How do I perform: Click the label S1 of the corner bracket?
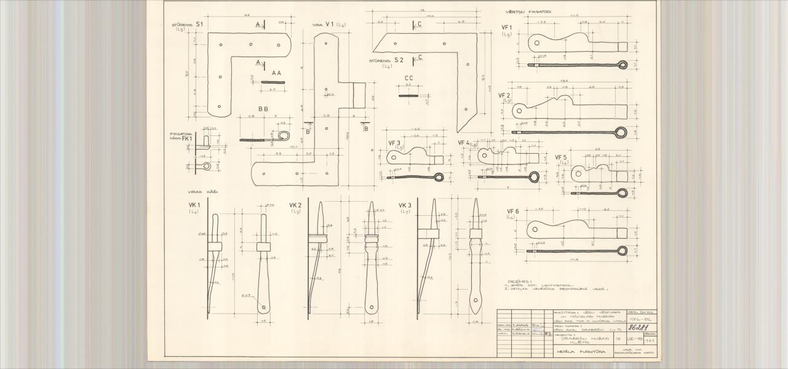pos(200,24)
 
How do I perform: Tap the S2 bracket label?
pos(399,60)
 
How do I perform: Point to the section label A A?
pos(276,73)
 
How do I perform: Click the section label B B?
pos(263,108)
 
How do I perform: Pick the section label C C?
pos(408,78)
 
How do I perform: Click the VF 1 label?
pos(507,28)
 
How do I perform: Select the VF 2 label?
pos(505,95)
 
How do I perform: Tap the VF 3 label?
pos(394,143)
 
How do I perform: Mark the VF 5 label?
pos(561,157)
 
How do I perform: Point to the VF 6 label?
pos(512,211)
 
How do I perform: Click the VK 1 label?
pos(194,205)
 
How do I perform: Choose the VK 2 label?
pos(295,205)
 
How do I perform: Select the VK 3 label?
pos(405,205)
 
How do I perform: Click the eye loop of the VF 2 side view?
pos(621,132)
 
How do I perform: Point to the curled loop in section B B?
pos(284,136)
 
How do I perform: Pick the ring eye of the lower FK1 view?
pos(207,166)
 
